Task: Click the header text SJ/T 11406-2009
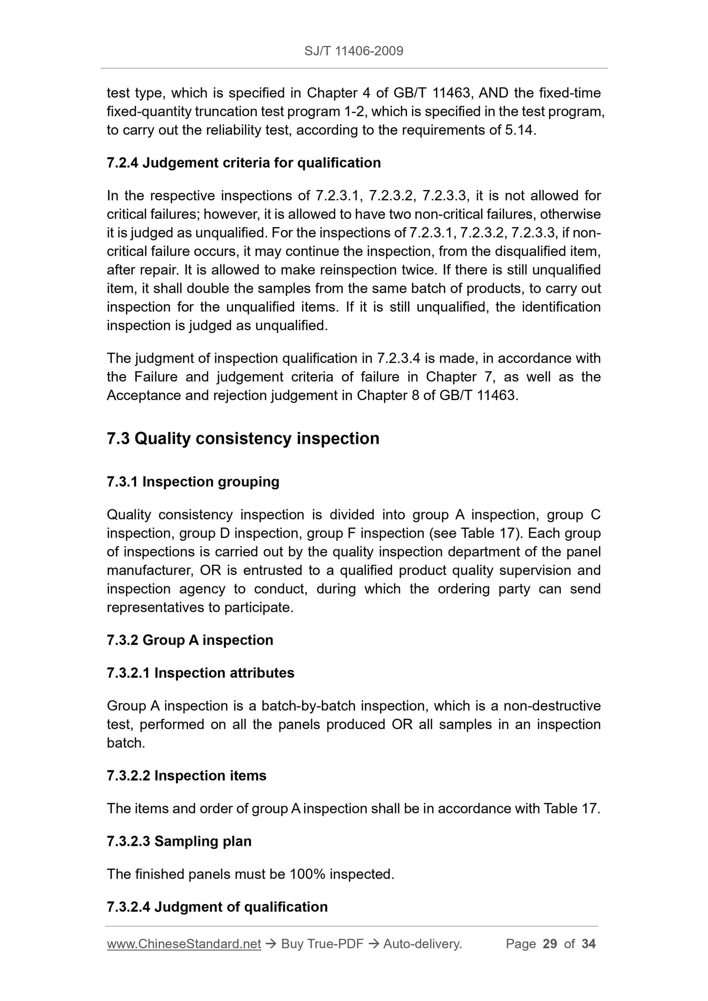[354, 51]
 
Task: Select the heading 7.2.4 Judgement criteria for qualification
[244, 163]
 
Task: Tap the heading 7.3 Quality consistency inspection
[243, 438]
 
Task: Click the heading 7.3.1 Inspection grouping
[193, 482]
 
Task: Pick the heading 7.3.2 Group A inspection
[190, 640]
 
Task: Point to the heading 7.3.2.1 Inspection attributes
[200, 673]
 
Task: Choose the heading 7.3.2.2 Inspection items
[187, 776]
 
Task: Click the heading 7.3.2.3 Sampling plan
[179, 841]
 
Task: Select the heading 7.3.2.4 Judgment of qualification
[217, 907]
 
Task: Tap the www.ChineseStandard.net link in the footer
[184, 944]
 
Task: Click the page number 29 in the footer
[550, 944]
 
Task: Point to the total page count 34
[588, 944]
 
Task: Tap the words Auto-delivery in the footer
[422, 944]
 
